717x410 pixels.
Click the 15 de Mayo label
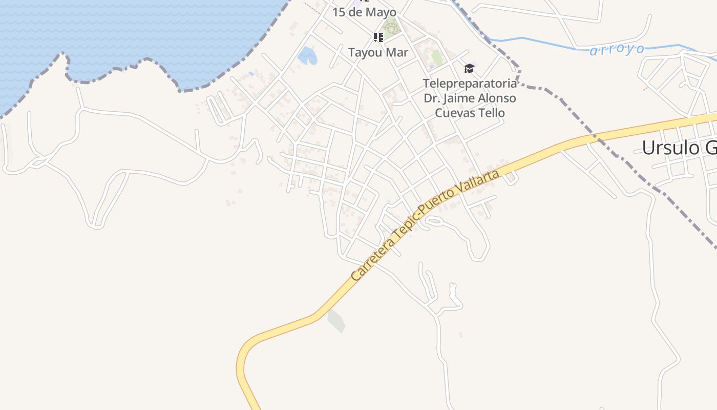point(364,12)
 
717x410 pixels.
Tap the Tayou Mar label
point(378,52)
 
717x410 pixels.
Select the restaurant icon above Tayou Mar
point(378,37)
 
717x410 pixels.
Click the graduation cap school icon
point(469,69)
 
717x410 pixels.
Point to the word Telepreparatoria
point(470,83)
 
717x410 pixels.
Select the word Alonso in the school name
point(497,98)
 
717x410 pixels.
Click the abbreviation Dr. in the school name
point(432,98)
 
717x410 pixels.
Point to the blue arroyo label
point(617,50)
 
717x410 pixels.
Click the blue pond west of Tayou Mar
point(307,55)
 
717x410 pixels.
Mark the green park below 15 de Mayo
point(391,27)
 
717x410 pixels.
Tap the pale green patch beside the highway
point(336,321)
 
